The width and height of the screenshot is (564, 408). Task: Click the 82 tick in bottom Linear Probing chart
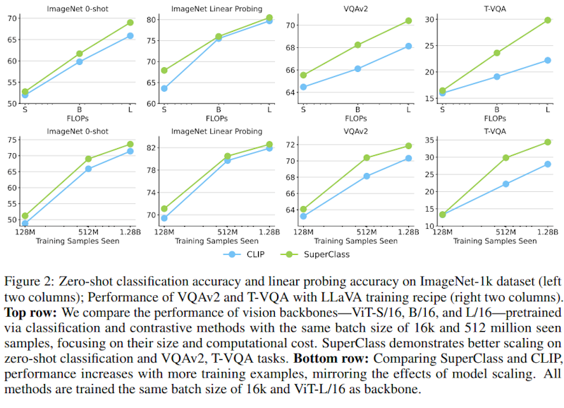(x=150, y=148)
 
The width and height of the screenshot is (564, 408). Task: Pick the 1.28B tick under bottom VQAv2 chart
(x=407, y=232)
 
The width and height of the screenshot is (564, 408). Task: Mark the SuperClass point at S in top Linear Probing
(x=164, y=71)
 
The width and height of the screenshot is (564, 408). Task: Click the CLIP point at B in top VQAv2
(x=357, y=68)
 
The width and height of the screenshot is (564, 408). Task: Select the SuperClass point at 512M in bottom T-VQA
(x=505, y=158)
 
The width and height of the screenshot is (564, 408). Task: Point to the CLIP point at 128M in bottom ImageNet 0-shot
(x=25, y=223)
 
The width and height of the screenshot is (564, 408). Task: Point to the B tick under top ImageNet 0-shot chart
(x=80, y=109)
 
